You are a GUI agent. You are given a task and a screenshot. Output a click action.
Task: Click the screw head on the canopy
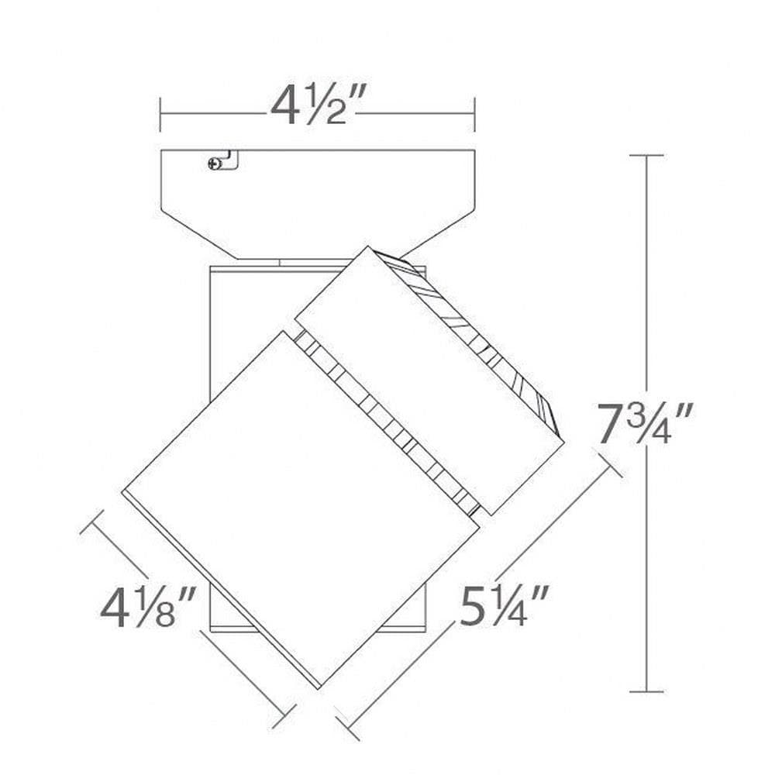point(215,164)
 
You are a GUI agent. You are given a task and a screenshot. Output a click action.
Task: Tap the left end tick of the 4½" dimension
point(160,115)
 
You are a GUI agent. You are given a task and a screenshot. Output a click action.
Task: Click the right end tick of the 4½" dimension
point(474,115)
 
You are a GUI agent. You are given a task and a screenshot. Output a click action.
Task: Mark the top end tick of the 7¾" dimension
point(646,155)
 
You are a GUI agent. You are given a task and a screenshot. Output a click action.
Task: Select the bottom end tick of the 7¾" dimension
point(646,692)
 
